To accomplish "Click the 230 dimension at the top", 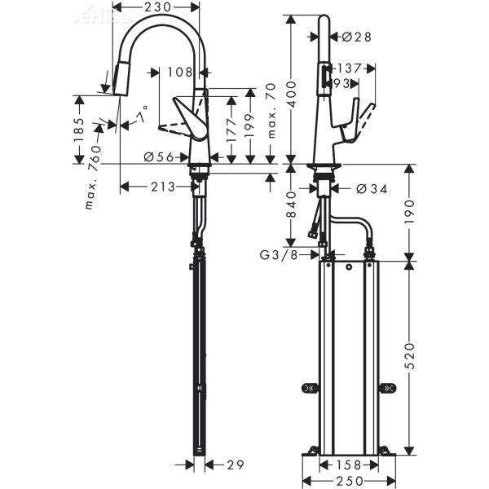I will click(x=156, y=7).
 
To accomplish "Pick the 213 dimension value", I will click(x=163, y=187).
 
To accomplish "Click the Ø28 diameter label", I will click(x=357, y=37).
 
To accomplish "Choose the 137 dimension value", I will click(x=350, y=68).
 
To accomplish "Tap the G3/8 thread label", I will click(x=279, y=256).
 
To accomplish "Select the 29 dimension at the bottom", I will click(x=235, y=465).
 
